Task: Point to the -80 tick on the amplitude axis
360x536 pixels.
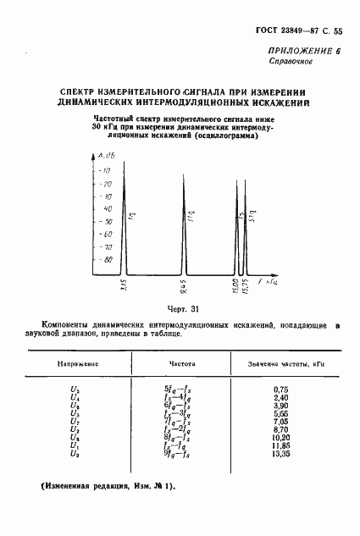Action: pyautogui.click(x=107, y=260)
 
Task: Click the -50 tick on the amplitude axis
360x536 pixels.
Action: pyautogui.click(x=107, y=222)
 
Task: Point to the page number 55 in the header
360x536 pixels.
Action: pyautogui.click(x=338, y=31)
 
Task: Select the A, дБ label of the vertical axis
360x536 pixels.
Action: pyautogui.click(x=106, y=157)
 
